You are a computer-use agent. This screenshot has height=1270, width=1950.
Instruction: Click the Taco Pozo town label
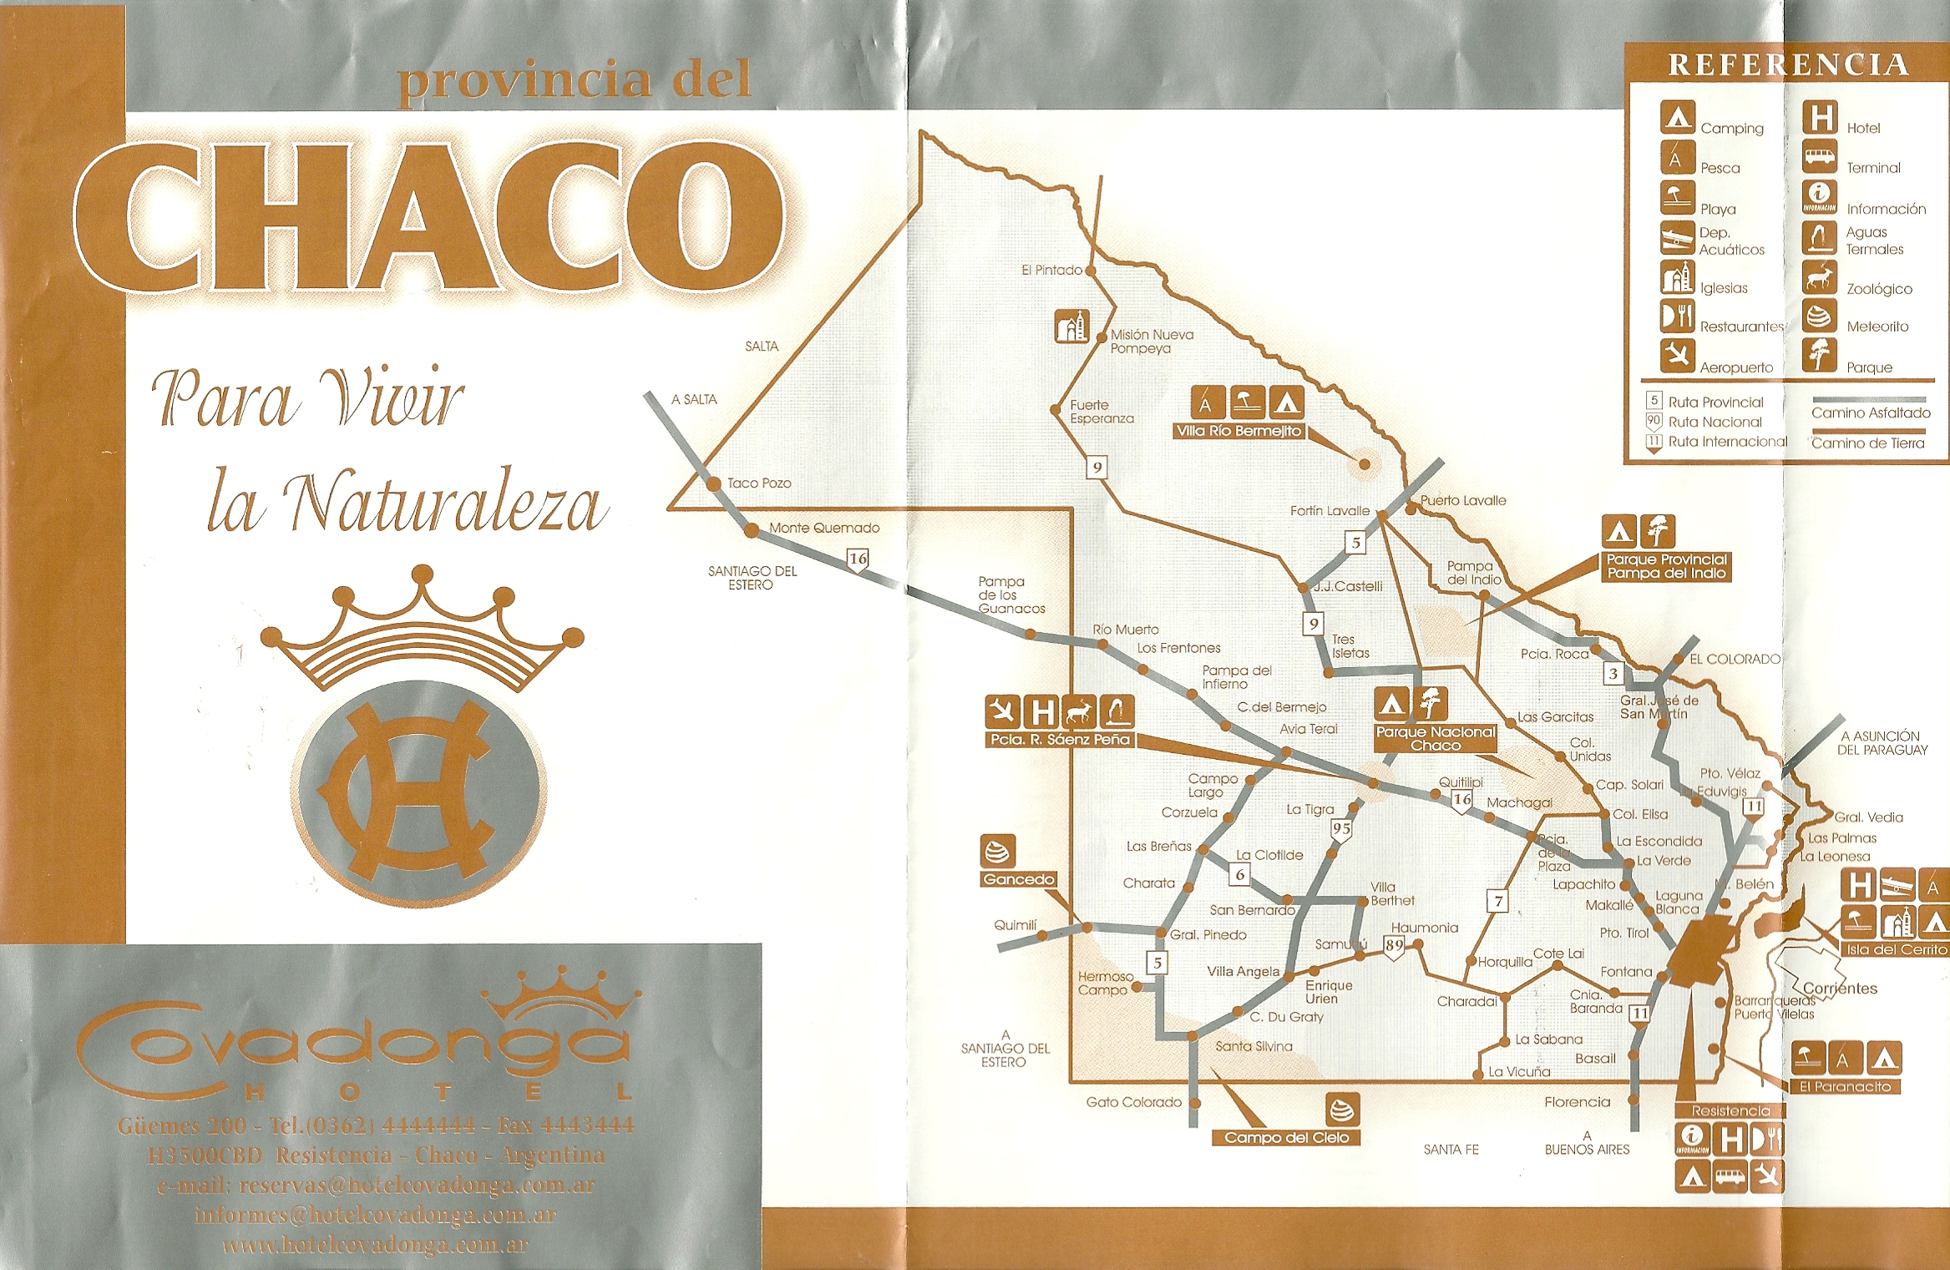[x=758, y=483]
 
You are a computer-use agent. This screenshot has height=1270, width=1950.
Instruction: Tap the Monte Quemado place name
[x=823, y=528]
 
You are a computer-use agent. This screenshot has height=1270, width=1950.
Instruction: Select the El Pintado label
[x=1051, y=271]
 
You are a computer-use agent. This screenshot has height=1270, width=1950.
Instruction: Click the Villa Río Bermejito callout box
[x=1238, y=431]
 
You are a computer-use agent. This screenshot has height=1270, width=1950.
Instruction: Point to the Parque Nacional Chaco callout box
[x=1435, y=739]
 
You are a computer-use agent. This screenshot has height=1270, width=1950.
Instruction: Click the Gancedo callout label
[x=1018, y=879]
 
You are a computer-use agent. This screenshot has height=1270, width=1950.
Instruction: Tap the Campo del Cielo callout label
[x=1286, y=1137]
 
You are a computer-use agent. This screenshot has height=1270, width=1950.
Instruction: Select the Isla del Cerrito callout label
[x=1897, y=949]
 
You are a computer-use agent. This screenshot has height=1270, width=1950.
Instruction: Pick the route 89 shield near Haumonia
[x=1394, y=946]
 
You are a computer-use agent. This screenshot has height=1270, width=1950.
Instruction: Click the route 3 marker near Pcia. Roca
[x=1613, y=674]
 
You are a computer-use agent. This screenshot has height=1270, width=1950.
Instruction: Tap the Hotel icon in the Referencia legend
[x=1819, y=118]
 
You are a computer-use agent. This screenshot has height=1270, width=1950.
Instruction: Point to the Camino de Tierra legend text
[x=1867, y=443]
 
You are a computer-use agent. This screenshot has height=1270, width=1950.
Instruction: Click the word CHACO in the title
[x=430, y=219]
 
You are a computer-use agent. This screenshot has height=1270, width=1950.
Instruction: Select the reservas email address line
[x=375, y=1185]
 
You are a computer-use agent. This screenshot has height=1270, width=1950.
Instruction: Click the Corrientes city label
[x=1839, y=989]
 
